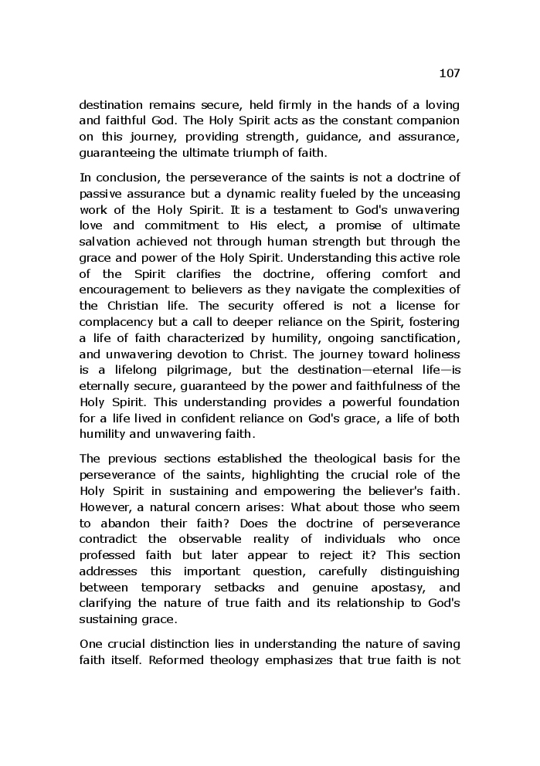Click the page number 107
[449, 73]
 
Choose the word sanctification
[417, 338]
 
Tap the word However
[105, 507]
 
